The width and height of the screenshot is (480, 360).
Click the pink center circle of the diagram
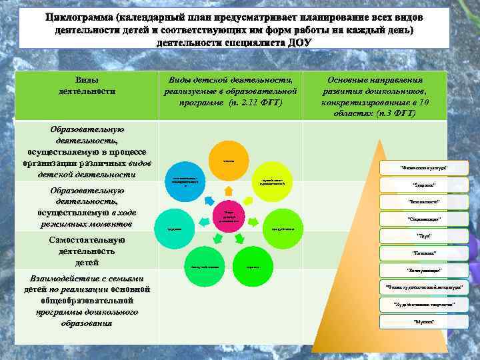(224, 215)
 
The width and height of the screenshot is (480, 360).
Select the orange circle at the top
(227, 160)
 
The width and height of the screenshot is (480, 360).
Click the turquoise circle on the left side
(174, 229)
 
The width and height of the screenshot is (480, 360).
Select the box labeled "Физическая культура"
(423, 168)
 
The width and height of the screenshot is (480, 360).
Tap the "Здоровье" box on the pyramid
(423, 185)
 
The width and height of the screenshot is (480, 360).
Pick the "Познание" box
(423, 253)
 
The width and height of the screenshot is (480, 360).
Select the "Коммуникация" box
(423, 270)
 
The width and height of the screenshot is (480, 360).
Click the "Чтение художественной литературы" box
(423, 287)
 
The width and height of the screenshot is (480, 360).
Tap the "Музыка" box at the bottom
(423, 321)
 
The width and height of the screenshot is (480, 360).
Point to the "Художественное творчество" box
(423, 304)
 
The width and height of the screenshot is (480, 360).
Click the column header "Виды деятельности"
(87, 85)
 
